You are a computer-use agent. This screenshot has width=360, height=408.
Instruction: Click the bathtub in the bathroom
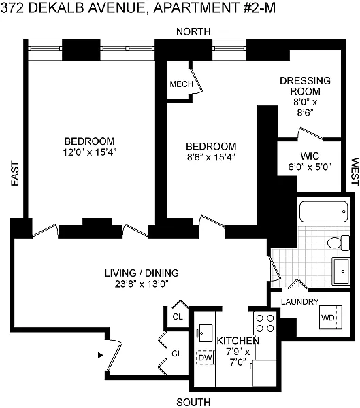pos(324,211)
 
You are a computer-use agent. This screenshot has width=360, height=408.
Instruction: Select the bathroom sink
pos(341,271)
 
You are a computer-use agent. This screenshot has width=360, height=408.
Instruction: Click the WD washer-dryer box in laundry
pos(331,317)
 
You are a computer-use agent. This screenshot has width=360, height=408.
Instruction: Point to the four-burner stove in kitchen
pos(265,323)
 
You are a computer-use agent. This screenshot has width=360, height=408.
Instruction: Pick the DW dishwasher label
pos(205,358)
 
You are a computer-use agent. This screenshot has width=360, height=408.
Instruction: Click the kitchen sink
pos(206,333)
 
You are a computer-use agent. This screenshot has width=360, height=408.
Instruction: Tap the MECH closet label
pos(181,84)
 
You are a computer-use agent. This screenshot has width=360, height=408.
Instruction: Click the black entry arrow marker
pos(101,355)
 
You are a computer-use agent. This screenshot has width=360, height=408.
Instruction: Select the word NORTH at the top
pos(193,31)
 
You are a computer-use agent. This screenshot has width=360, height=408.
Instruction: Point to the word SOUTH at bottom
pos(193,402)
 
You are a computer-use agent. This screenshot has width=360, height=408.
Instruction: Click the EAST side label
pos(15,173)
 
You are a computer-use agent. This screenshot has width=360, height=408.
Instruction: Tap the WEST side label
pos(355,171)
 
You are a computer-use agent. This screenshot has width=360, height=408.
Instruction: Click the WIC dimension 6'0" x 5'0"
pos(310,167)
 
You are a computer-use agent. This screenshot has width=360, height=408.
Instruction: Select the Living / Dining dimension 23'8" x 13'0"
pos(142,284)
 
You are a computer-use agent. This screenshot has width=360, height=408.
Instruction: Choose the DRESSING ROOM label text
pos(305,86)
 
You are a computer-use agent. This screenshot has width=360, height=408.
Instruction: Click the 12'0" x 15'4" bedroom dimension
pos(89,152)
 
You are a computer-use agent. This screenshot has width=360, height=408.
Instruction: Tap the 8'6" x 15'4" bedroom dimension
pos(211,157)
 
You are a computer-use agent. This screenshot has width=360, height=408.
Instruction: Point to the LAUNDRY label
pos(300,301)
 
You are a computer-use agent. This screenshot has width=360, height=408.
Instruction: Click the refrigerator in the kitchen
pos(265,373)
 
